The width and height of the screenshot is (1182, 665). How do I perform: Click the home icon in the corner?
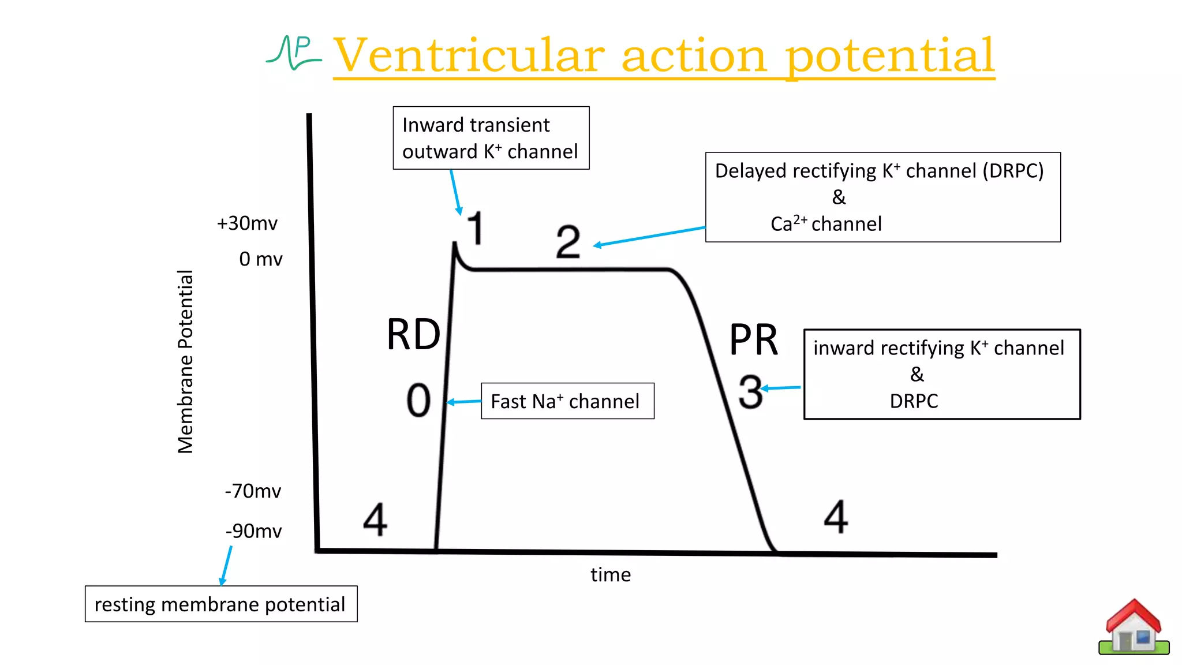tap(1134, 628)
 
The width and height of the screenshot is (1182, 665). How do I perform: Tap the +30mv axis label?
tap(247, 223)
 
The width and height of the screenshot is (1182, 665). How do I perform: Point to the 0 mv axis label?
tap(260, 259)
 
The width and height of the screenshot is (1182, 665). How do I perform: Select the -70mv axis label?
tap(253, 491)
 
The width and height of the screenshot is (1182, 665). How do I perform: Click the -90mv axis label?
tap(253, 531)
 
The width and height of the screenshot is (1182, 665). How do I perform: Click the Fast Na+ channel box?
tap(567, 401)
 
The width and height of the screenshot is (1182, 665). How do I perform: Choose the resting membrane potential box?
tap(220, 604)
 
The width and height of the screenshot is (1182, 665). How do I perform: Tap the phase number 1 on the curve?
tap(475, 228)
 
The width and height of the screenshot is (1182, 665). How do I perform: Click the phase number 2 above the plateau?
tap(568, 242)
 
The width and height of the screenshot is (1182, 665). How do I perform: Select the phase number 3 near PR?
tap(750, 392)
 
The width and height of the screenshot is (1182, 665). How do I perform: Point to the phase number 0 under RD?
tap(418, 400)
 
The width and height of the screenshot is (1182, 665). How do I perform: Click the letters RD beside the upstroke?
tap(413, 335)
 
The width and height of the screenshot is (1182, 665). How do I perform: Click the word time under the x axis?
tap(610, 575)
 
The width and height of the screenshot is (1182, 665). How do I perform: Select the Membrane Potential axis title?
tap(185, 361)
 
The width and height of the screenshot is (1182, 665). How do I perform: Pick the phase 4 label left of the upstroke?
tap(375, 519)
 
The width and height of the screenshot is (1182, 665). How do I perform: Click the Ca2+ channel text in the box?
tap(826, 224)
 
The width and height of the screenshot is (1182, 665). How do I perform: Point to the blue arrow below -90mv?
tap(226, 566)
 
